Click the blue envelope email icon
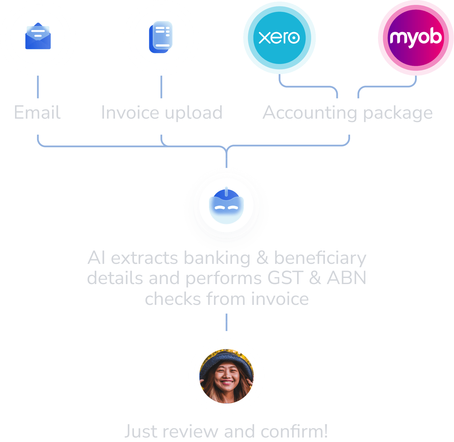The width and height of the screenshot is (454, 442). tap(38, 36)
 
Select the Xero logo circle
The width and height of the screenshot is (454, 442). tap(279, 37)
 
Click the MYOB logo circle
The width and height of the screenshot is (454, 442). tap(416, 37)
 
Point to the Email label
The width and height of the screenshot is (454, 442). tap(37, 112)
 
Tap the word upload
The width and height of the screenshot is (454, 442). tap(194, 113)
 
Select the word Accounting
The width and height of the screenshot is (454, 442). tap(310, 113)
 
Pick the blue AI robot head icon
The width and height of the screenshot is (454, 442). tap(226, 206)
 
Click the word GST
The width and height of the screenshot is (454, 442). tap(285, 278)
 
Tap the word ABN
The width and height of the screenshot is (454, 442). tap(346, 278)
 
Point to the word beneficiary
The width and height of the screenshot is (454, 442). tap(320, 258)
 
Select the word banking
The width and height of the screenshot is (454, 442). tap(217, 258)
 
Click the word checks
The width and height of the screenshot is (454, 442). tap(173, 299)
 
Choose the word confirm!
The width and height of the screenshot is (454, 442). tap(294, 432)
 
